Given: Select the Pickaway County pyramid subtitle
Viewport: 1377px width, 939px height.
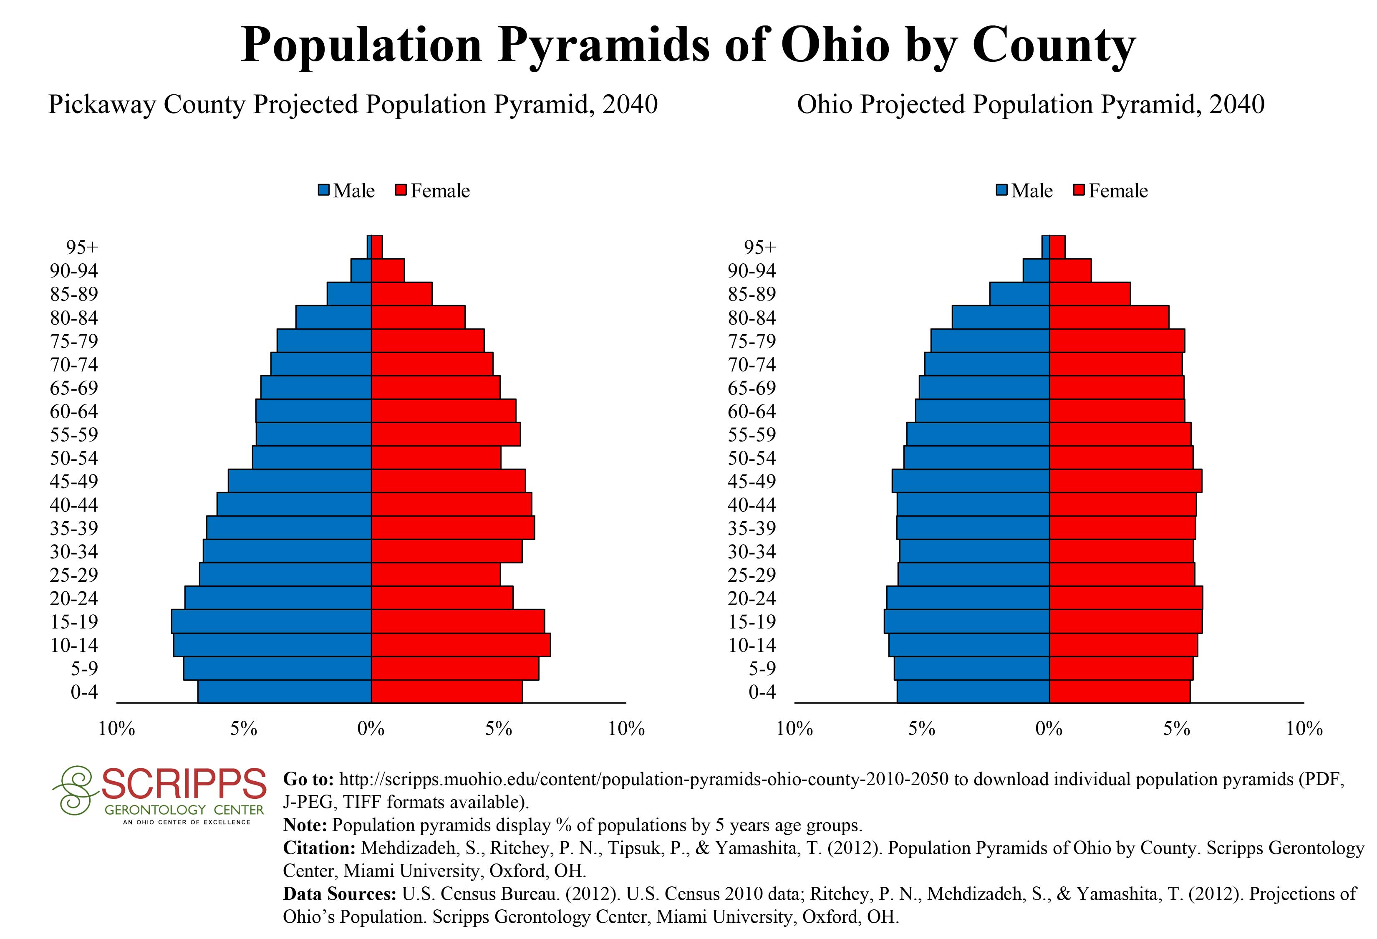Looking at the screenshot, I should [x=353, y=105].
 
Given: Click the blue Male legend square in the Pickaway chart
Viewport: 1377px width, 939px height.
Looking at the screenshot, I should [x=323, y=191].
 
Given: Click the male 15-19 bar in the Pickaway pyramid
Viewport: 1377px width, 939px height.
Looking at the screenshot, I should [x=271, y=621].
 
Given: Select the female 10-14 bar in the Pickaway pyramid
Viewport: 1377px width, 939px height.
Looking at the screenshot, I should [x=460, y=644].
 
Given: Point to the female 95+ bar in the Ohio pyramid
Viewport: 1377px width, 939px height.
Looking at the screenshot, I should [x=1057, y=247].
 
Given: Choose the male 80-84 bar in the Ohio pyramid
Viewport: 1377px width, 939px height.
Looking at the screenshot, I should [x=1001, y=317].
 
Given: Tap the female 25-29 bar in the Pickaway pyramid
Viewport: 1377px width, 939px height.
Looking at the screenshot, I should [x=436, y=575].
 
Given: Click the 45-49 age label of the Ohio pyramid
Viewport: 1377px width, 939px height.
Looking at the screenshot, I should [x=752, y=481].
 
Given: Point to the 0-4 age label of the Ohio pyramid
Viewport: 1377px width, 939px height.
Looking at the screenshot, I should [x=762, y=692].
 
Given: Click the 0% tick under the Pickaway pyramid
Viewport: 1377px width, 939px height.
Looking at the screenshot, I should [x=371, y=729].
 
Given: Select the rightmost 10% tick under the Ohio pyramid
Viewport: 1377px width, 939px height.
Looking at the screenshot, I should [x=1304, y=729].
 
